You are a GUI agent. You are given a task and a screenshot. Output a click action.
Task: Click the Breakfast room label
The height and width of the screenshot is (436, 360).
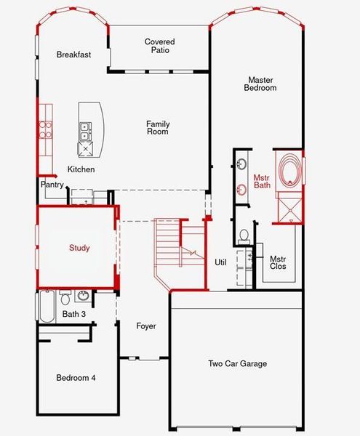pos(73,54)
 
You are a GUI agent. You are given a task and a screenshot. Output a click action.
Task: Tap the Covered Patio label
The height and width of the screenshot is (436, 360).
pos(159,47)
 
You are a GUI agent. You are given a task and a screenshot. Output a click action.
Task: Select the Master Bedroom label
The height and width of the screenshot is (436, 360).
pos(262,84)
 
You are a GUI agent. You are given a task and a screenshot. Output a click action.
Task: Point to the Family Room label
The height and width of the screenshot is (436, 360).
pos(158,128)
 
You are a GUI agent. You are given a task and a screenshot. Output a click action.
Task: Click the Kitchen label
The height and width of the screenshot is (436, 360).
pos(81,169)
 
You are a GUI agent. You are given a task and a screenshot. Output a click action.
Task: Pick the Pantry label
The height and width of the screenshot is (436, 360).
pos(52,185)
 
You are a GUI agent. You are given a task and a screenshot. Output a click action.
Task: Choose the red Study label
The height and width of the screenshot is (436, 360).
pos(79,248)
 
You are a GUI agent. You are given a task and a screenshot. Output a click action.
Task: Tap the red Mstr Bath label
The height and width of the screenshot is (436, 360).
pos(262,182)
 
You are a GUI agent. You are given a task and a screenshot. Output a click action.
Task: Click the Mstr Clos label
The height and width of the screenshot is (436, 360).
pos(278,262)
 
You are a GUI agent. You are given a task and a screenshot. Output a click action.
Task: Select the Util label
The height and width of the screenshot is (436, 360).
pos(221,262)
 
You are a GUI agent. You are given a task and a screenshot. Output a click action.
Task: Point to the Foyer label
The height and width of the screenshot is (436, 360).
pos(146,326)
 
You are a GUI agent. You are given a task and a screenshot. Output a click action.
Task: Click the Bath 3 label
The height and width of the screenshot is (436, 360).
pos(73,315)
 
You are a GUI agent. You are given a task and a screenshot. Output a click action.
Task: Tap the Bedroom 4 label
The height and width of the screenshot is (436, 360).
pos(76,378)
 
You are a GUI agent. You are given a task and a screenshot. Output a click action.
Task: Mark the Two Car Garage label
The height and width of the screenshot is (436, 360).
pos(238,364)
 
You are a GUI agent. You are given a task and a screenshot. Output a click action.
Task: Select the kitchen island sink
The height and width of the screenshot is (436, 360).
pos(85,131)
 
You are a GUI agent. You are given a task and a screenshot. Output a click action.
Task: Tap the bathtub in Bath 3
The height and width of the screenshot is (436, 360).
pos(47,307)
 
